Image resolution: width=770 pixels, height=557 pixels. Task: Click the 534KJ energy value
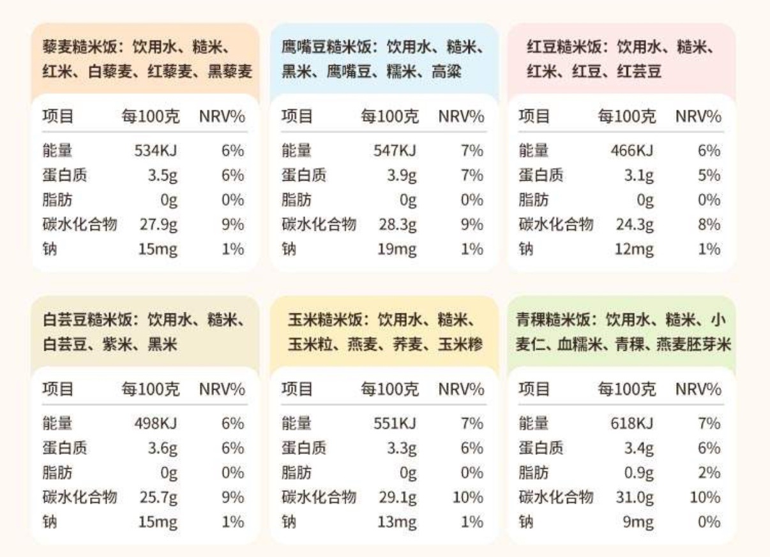pyautogui.click(x=156, y=151)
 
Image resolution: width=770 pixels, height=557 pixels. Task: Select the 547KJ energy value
pyautogui.click(x=395, y=151)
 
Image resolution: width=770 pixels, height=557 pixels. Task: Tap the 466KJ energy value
pyautogui.click(x=632, y=151)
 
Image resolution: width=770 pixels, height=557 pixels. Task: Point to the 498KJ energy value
pyautogui.click(x=156, y=424)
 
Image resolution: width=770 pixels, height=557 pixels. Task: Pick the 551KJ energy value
pyautogui.click(x=395, y=424)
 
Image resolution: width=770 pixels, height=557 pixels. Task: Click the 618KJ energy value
pyautogui.click(x=632, y=424)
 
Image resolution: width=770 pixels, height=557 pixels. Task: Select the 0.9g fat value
pyautogui.click(x=638, y=473)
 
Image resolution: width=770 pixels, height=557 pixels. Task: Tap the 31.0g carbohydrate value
pyautogui.click(x=635, y=498)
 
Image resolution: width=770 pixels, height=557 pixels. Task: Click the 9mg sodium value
pyautogui.click(x=638, y=523)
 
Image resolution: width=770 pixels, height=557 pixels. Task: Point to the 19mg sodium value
pyautogui.click(x=396, y=249)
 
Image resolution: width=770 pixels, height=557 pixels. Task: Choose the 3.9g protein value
pyautogui.click(x=402, y=175)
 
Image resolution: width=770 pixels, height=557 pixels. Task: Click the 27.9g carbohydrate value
pyautogui.click(x=159, y=225)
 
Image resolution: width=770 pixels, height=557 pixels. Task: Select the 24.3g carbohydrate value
pyautogui.click(x=635, y=225)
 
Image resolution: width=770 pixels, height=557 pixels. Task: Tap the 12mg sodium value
pyautogui.click(x=635, y=249)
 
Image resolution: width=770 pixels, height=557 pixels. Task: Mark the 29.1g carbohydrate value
pyautogui.click(x=398, y=498)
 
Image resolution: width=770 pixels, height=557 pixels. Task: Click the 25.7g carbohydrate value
pyautogui.click(x=159, y=498)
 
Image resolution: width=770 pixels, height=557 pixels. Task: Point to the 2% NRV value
pyautogui.click(x=709, y=473)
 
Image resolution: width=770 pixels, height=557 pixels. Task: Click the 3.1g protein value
pyautogui.click(x=639, y=175)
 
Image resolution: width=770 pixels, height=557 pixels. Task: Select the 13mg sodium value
pyautogui.click(x=396, y=523)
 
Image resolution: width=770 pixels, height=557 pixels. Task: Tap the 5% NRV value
pyautogui.click(x=709, y=175)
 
